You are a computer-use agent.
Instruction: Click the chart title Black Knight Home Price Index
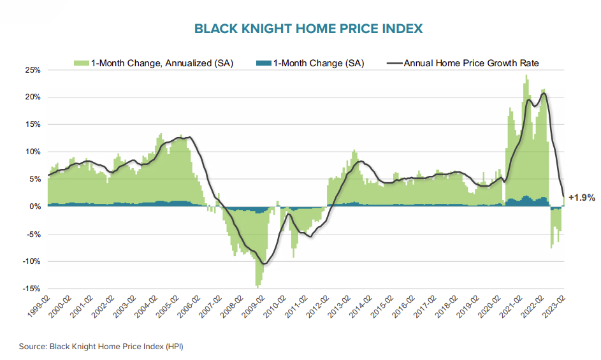pyautogui.click(x=308, y=29)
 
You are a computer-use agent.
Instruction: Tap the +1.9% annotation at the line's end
pyautogui.click(x=581, y=198)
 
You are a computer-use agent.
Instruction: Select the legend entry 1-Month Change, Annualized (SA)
pyautogui.click(x=162, y=63)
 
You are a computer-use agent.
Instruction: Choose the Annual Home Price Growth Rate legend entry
pyautogui.click(x=472, y=63)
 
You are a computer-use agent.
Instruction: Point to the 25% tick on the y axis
pyautogui.click(x=33, y=70)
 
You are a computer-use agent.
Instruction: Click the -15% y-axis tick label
pyautogui.click(x=31, y=289)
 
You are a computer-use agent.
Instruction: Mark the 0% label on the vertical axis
pyautogui.click(x=34, y=206)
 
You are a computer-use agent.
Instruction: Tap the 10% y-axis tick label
pyautogui.click(x=33, y=152)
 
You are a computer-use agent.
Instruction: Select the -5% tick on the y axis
pyautogui.click(x=33, y=234)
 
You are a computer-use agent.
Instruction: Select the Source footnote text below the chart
pyautogui.click(x=101, y=346)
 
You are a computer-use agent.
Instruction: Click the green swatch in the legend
pyautogui.click(x=81, y=63)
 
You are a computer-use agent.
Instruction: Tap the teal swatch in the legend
pyautogui.click(x=263, y=63)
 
